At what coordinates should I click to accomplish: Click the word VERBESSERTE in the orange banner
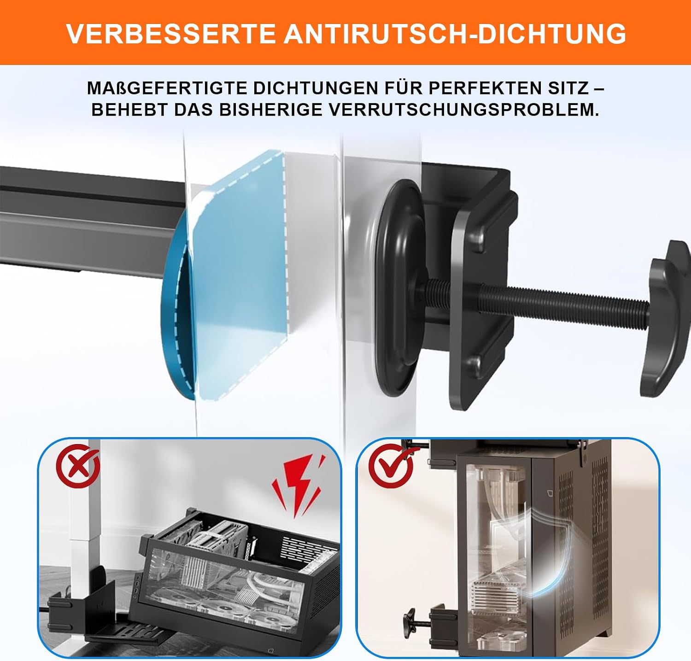click(x=171, y=33)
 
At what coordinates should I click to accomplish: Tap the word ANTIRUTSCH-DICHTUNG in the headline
click(x=455, y=33)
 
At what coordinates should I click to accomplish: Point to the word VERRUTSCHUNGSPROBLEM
click(x=463, y=110)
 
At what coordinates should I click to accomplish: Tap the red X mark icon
click(x=78, y=466)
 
